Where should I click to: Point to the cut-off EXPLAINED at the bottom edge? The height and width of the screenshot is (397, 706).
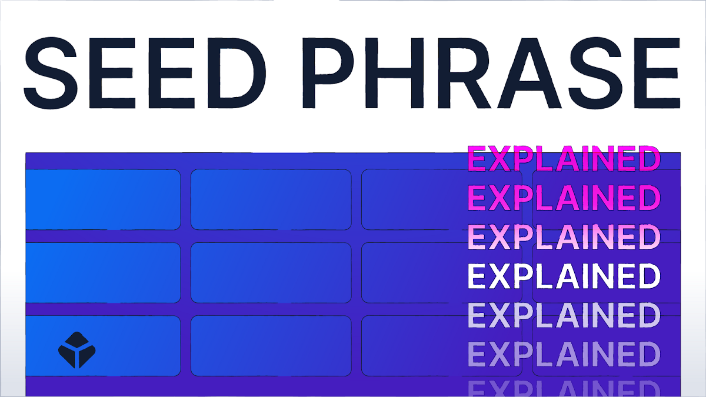point(563,388)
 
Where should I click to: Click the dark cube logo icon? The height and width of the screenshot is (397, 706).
point(76,351)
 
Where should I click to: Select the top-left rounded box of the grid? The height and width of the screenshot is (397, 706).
point(102,199)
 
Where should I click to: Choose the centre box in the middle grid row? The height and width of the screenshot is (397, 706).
point(271,272)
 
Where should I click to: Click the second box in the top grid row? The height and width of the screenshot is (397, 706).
point(271,199)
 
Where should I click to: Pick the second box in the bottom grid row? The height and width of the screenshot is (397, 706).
point(271,346)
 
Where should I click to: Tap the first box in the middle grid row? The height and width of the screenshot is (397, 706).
point(102,272)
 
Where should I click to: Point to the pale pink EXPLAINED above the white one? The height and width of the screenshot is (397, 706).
point(563,237)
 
